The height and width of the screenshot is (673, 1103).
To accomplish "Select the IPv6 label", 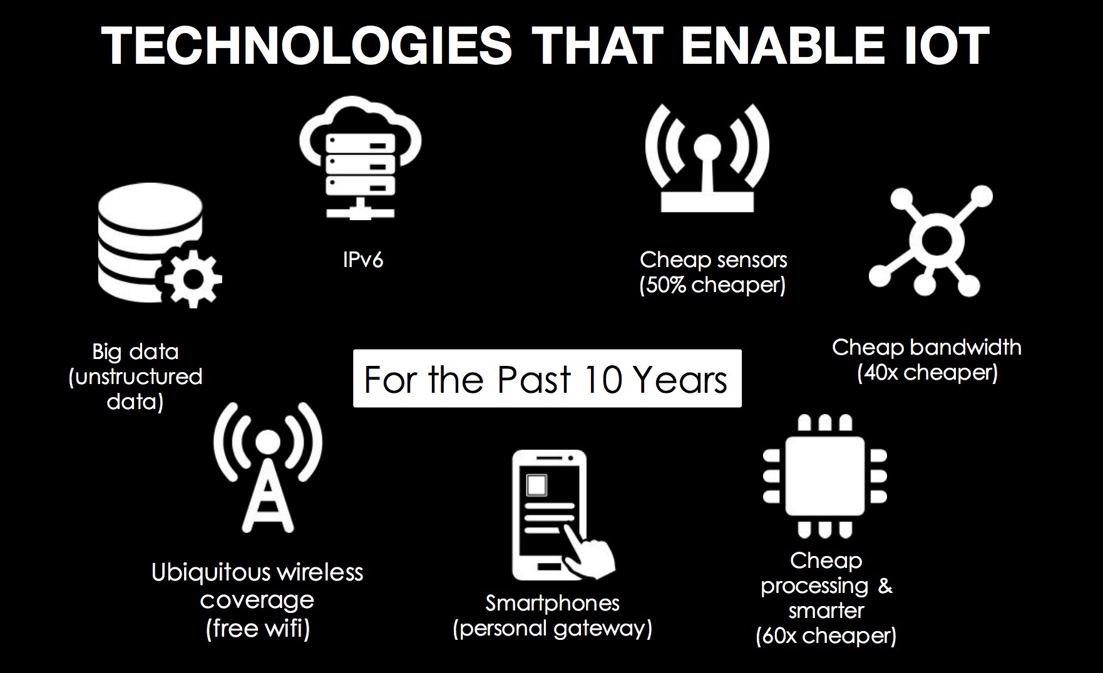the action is pyautogui.click(x=363, y=259).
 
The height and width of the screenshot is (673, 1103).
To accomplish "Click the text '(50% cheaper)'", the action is pyautogui.click(x=712, y=285).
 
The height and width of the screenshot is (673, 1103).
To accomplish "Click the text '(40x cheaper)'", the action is pyautogui.click(x=927, y=373).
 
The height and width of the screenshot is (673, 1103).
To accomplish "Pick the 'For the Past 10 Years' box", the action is pyautogui.click(x=547, y=378).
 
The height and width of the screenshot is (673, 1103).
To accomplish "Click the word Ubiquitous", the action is pyautogui.click(x=211, y=573).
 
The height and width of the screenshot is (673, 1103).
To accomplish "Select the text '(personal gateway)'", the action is pyautogui.click(x=553, y=628).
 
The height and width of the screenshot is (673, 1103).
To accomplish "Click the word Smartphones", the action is pyautogui.click(x=553, y=603).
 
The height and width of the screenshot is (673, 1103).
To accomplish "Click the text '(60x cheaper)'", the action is pyautogui.click(x=826, y=636).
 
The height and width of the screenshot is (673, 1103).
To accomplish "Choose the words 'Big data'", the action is pyautogui.click(x=135, y=352).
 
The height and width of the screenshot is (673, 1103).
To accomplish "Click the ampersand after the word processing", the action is pyautogui.click(x=885, y=585).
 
